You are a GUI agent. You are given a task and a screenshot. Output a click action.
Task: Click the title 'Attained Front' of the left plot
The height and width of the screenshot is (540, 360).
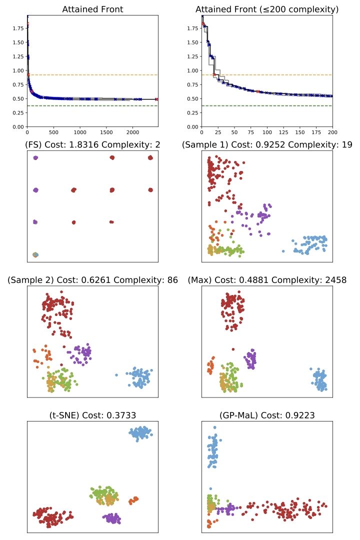pos(92,9)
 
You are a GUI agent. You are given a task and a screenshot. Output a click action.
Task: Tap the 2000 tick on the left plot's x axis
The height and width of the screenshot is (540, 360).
pos(132,133)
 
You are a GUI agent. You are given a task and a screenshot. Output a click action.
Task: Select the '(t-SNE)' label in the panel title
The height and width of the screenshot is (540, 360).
pos(65,414)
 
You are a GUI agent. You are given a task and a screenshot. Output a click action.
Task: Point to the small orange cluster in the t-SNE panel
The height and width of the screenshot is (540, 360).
pos(133,499)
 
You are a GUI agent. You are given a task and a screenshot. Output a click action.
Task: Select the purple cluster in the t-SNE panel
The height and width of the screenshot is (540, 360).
pos(111,518)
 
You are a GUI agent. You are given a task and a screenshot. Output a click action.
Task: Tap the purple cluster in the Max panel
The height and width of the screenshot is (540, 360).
pos(250,359)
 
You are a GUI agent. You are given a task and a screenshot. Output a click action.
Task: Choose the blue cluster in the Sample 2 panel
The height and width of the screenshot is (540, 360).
pos(138,377)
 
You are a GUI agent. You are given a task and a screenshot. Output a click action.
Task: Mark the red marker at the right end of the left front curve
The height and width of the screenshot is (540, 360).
pos(157,99)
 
